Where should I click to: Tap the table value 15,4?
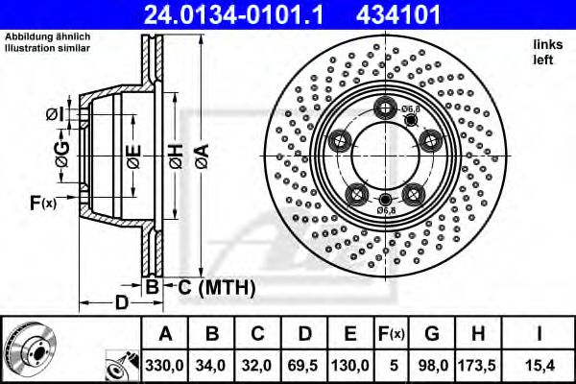coord(542,366)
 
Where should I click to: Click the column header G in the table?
coord(432,335)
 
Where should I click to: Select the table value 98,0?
coord(432,366)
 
